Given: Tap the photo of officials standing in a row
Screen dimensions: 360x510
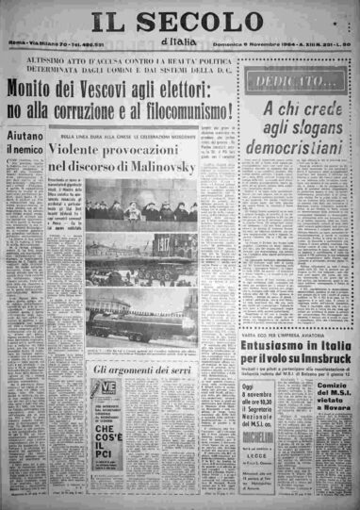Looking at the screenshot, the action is (141, 210).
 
